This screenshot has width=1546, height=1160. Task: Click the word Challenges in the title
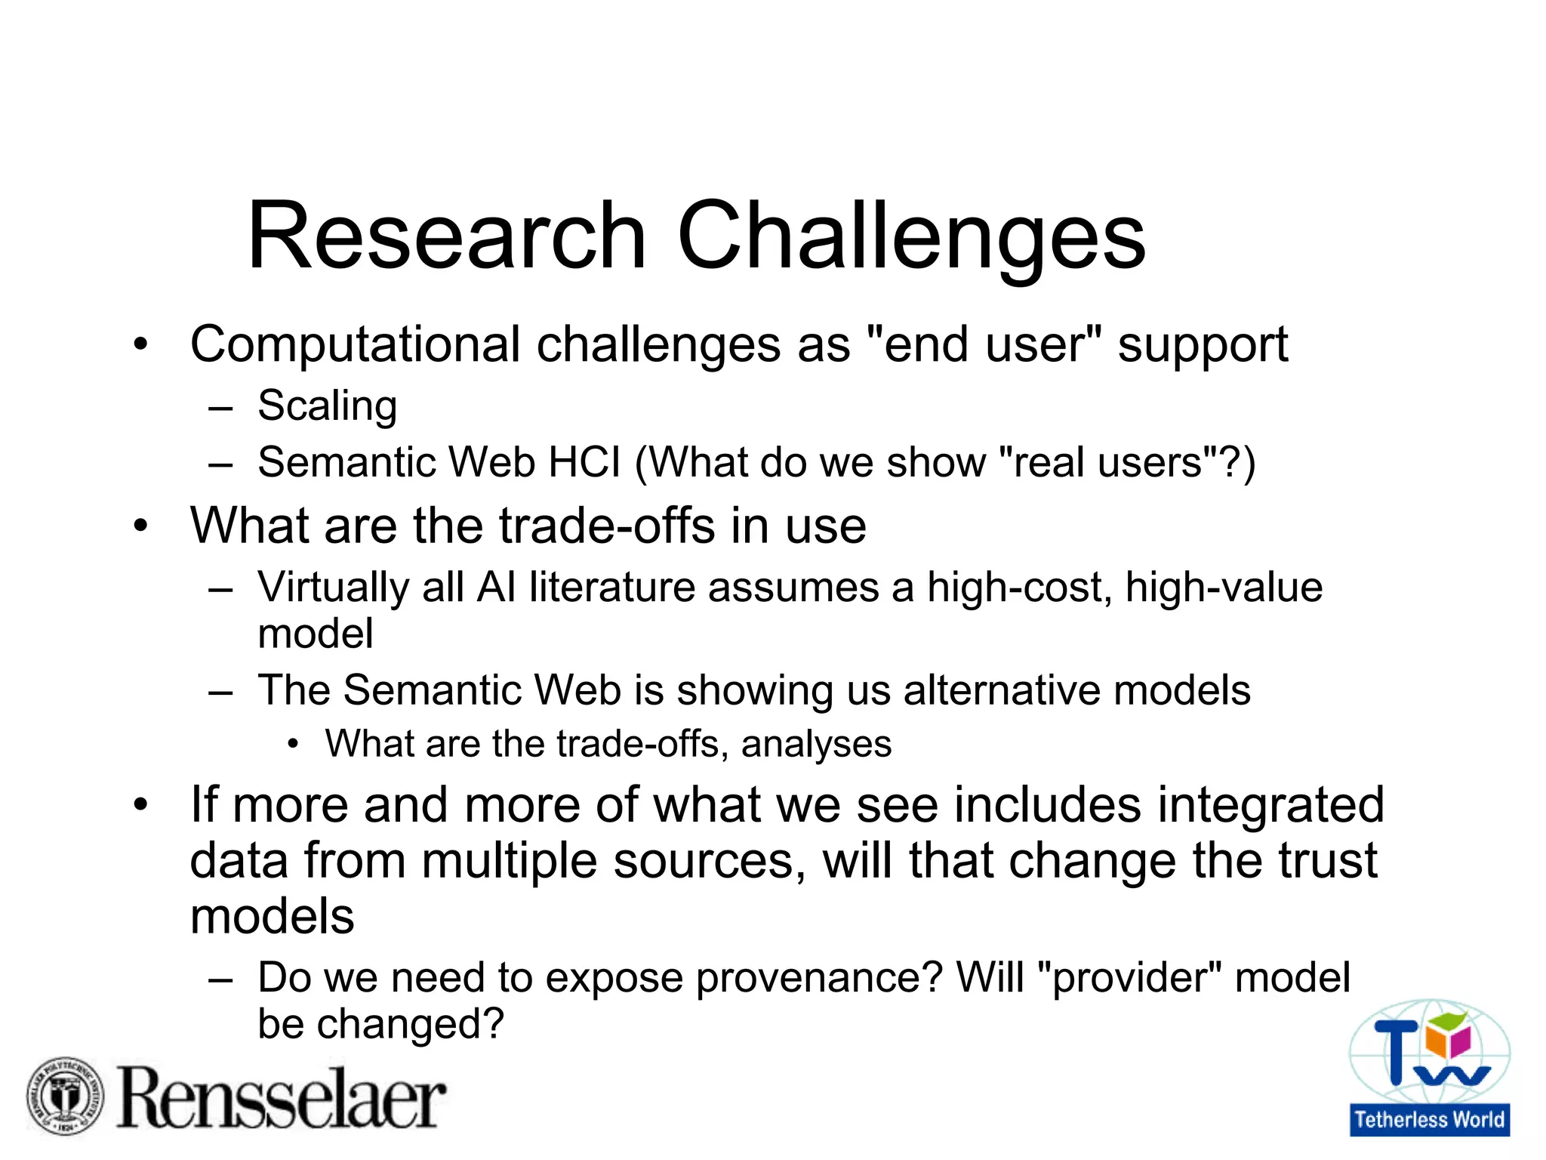point(911,236)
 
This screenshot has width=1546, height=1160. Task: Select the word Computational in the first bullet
point(355,345)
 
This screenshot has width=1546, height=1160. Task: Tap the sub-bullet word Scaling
point(327,406)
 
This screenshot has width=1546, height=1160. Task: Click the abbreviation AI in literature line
point(496,587)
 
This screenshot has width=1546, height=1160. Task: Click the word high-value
point(1223,587)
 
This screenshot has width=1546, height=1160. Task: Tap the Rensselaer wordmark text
point(281,1099)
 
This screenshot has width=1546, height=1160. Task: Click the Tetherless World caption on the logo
point(1429,1119)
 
